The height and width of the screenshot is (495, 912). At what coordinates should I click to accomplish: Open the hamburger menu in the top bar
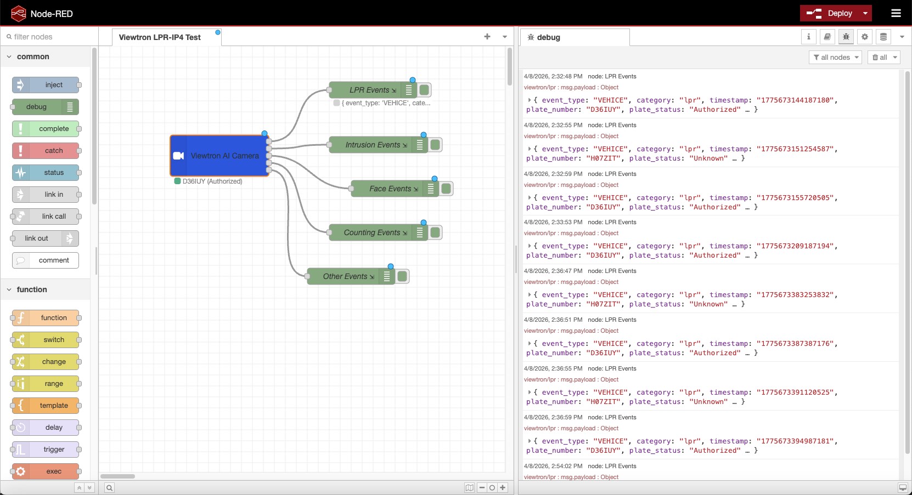(896, 13)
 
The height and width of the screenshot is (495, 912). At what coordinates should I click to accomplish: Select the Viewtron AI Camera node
(219, 156)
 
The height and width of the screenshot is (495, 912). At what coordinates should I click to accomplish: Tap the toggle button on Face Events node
(446, 189)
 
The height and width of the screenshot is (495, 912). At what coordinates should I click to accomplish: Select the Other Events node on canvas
(346, 276)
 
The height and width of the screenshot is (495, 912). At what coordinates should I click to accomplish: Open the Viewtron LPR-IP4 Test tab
(160, 37)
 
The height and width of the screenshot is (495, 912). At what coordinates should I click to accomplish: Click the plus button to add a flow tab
(487, 37)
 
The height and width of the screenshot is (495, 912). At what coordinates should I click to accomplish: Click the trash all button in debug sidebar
(880, 57)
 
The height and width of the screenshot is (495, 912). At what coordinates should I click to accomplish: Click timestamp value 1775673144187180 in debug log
(795, 100)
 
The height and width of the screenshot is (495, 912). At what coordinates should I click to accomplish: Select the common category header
(33, 56)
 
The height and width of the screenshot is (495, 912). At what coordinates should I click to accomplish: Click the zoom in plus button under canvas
(503, 487)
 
